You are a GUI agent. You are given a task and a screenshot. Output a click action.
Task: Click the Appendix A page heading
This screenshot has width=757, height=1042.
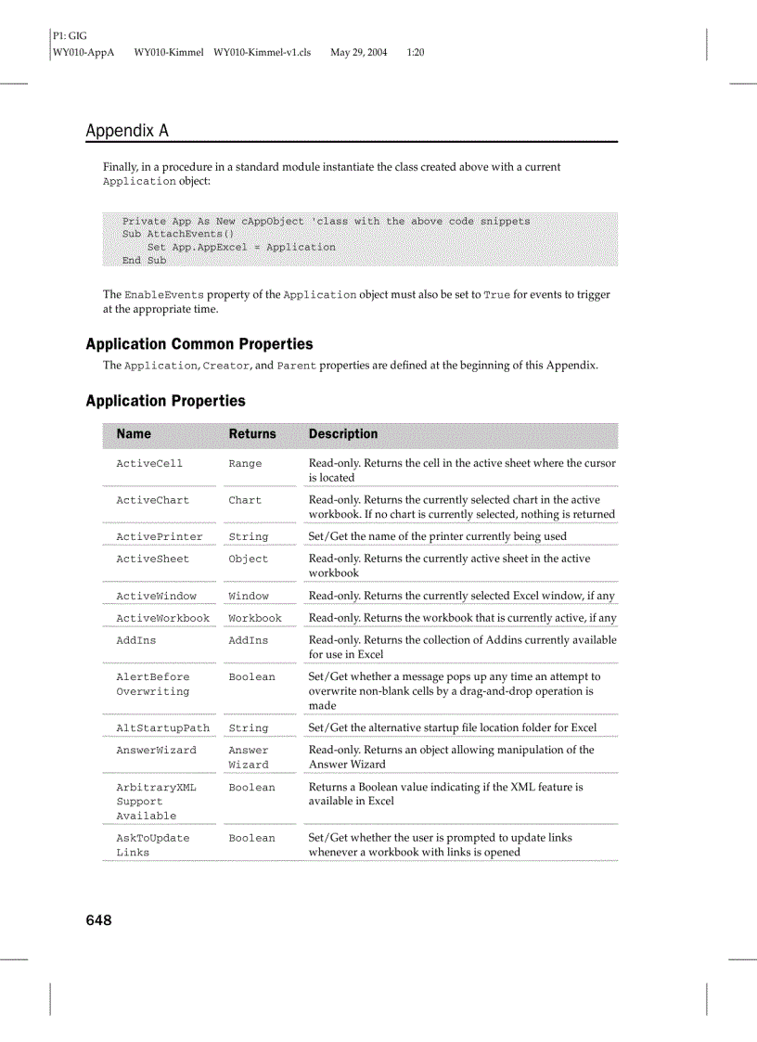pyautogui.click(x=127, y=131)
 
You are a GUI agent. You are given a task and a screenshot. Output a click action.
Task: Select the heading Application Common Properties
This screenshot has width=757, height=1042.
pyautogui.click(x=199, y=344)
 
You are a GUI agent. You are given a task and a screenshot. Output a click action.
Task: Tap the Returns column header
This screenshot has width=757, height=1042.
pyautogui.click(x=252, y=433)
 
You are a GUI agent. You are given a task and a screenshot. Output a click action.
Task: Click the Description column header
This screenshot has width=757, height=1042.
pyautogui.click(x=343, y=433)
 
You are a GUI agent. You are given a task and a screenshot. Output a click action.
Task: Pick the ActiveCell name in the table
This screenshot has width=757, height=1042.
pyautogui.click(x=149, y=464)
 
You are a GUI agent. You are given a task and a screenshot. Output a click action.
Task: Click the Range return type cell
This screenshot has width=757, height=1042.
pyautogui.click(x=245, y=464)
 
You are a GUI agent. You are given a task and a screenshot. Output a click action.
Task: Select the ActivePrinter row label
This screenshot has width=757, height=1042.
pyautogui.click(x=159, y=537)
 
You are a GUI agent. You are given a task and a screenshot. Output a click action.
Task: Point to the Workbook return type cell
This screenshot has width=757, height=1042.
pyautogui.click(x=255, y=619)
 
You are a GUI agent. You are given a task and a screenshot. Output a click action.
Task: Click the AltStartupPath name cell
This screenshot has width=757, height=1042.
pyautogui.click(x=162, y=728)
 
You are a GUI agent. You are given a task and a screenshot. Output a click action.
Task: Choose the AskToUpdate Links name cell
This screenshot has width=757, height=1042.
pyautogui.click(x=152, y=845)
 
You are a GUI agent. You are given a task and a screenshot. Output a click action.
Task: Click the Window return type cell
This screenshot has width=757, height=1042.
pyautogui.click(x=249, y=597)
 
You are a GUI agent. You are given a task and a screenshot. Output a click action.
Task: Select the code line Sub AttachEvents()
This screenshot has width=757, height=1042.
pyautogui.click(x=177, y=235)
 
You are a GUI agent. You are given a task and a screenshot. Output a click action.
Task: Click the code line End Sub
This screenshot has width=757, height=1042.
pyautogui.click(x=144, y=261)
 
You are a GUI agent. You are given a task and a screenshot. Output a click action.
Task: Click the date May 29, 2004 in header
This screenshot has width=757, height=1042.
pyautogui.click(x=358, y=53)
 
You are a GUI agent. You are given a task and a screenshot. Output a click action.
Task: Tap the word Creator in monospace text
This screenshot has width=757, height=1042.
pyautogui.click(x=226, y=367)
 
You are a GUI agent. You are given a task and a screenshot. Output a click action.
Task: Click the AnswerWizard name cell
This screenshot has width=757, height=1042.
pyautogui.click(x=156, y=751)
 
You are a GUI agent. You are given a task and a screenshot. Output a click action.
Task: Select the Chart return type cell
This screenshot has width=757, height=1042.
pyautogui.click(x=245, y=501)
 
